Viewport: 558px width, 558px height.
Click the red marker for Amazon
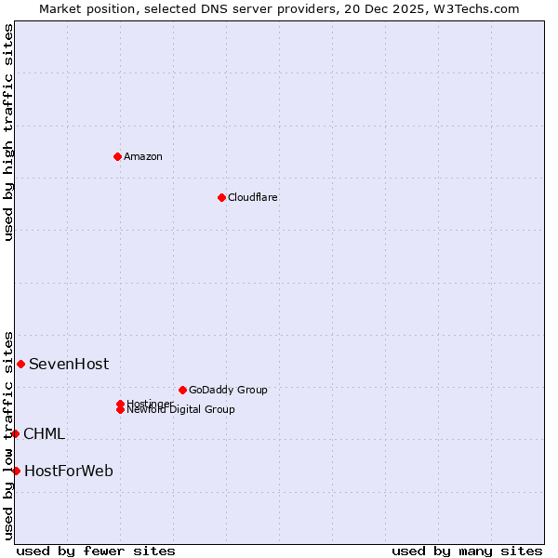tap(117, 156)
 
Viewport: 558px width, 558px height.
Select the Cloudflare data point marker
tap(221, 197)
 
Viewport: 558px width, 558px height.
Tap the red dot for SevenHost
tap(20, 364)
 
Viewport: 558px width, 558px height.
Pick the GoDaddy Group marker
tap(182, 390)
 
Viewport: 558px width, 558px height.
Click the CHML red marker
tap(15, 433)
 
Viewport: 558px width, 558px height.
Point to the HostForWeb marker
tap(16, 471)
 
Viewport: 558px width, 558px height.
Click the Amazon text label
tap(143, 156)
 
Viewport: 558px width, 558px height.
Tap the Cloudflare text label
tap(253, 197)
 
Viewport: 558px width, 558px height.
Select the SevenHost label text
tap(69, 364)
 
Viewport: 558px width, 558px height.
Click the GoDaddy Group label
tap(228, 390)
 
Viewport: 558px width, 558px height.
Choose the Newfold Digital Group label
tap(181, 409)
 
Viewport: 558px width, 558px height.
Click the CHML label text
tap(44, 433)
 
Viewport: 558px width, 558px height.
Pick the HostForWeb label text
tap(69, 471)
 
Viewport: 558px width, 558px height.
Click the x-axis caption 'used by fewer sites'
tap(96, 551)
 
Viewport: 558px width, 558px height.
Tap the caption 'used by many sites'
tap(467, 551)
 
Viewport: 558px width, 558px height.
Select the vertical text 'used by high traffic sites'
tap(8, 132)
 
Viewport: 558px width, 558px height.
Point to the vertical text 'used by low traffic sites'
tap(8, 435)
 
